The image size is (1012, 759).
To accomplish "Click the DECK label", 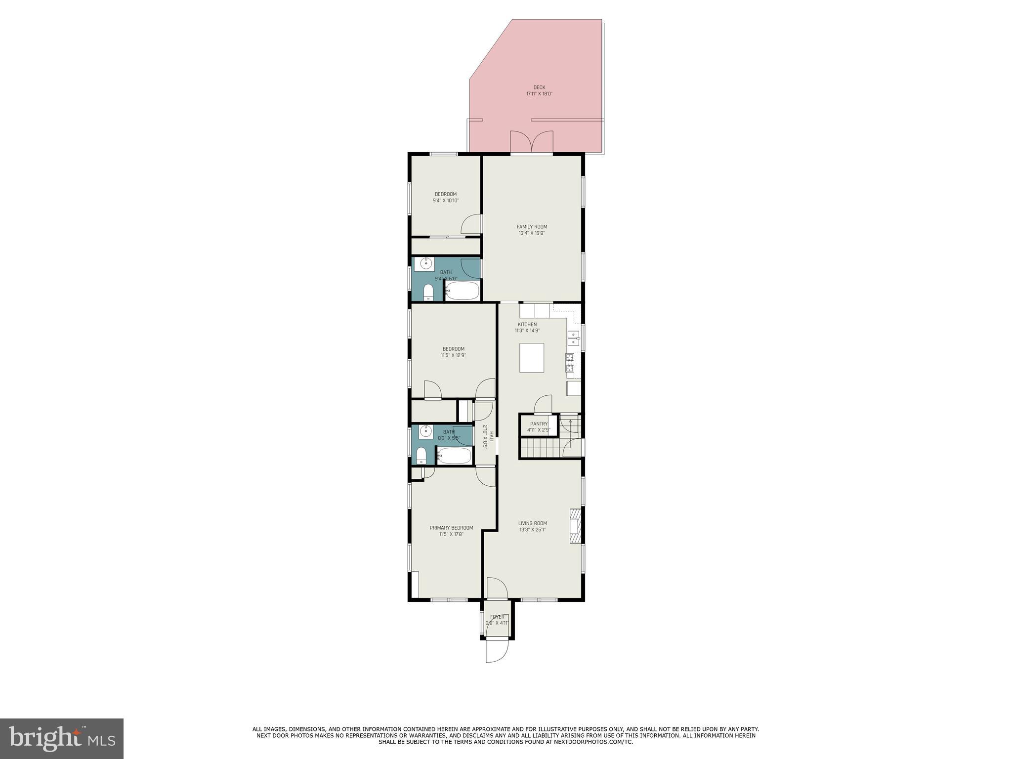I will (x=539, y=87).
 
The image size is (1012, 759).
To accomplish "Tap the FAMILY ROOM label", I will (x=532, y=227).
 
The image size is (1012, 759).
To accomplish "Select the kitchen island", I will (x=532, y=358).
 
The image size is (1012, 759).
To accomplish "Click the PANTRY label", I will (x=539, y=424).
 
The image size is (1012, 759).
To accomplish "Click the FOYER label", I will (x=497, y=617).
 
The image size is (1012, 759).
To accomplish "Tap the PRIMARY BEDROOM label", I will (x=451, y=528).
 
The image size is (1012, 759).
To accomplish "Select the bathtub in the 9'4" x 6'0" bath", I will (x=463, y=291).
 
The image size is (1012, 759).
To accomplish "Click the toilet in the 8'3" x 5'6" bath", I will (x=422, y=455).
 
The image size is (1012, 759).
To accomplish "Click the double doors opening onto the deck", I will (x=531, y=142).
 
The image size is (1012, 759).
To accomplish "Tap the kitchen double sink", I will (x=573, y=338).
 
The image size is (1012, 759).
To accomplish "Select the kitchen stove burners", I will (x=570, y=363).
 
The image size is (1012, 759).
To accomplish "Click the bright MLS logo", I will (x=62, y=738).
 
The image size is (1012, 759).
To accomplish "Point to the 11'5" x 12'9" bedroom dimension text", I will (x=453, y=355).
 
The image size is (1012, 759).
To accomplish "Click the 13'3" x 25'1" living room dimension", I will (x=532, y=530).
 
